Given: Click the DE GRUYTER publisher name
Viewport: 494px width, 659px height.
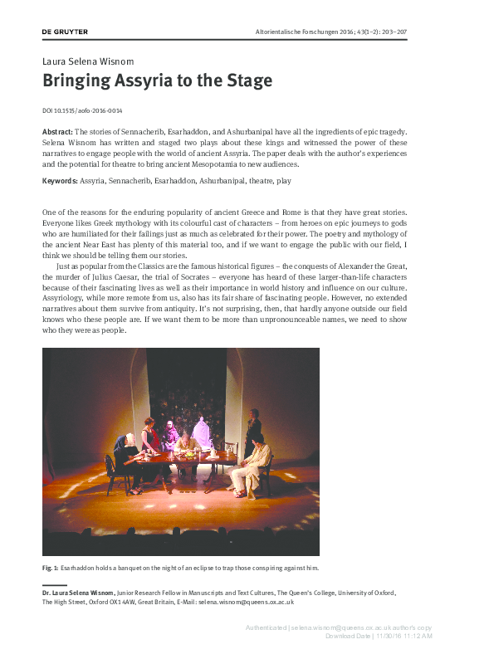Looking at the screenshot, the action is point(65,32).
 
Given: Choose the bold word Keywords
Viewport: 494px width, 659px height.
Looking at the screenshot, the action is point(59,181).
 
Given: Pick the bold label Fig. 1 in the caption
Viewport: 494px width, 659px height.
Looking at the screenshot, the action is point(49,568).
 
